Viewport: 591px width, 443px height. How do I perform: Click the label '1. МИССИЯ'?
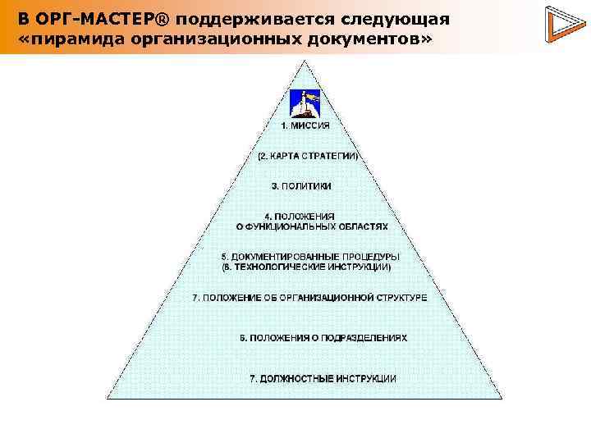point(305,126)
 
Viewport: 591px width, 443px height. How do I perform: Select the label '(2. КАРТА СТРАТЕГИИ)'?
point(307,156)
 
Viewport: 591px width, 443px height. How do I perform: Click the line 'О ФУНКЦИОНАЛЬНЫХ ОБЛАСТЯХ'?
point(305,225)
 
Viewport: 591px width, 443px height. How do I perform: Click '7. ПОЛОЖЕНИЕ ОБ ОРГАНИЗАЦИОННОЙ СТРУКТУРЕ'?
point(309,297)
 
